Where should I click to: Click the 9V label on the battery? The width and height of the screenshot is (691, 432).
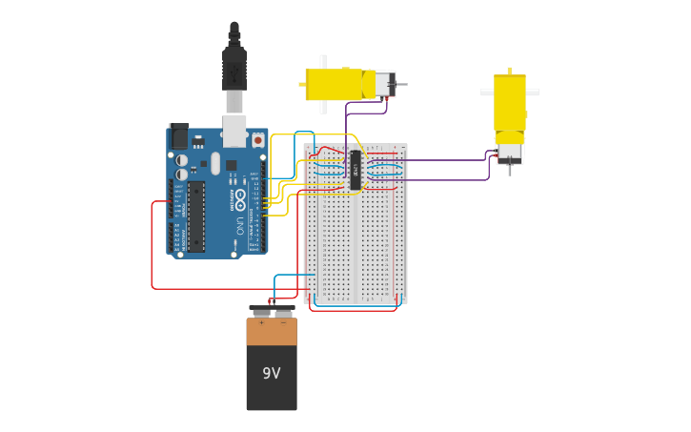pos(272,373)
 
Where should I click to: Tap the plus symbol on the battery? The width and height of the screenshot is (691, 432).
pos(261,323)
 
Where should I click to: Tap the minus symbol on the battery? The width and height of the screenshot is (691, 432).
pos(283,323)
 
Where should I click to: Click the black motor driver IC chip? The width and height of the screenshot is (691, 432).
pos(355,170)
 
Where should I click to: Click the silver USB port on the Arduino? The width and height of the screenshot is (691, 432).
pos(234,131)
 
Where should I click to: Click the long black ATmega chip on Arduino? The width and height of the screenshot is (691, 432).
pos(195,216)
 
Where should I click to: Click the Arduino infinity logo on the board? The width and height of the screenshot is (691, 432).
pos(239,201)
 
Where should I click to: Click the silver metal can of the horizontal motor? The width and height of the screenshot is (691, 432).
pos(384,84)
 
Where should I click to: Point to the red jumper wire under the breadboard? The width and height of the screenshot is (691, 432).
pos(353,310)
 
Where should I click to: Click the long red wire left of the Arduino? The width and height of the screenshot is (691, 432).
pos(152,248)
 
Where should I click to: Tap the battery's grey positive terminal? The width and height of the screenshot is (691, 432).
pos(260,311)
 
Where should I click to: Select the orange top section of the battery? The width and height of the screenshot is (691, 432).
pos(272,332)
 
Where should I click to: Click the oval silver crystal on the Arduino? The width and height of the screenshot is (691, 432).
pos(215,163)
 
